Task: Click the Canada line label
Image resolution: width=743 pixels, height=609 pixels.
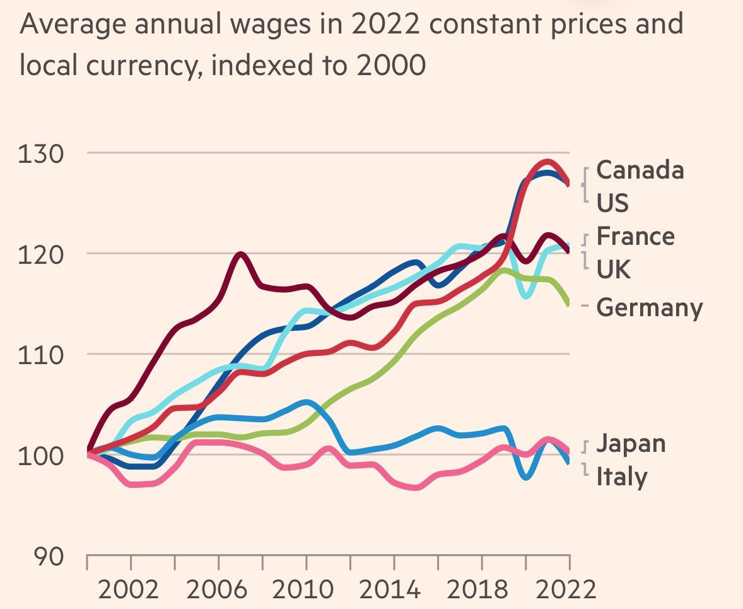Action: click(640, 170)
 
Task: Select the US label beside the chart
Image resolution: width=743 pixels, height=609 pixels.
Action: click(612, 203)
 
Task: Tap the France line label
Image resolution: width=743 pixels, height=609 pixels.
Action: click(635, 237)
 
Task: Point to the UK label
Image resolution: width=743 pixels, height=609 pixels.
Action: click(613, 269)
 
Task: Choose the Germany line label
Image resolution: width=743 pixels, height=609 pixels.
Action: click(649, 308)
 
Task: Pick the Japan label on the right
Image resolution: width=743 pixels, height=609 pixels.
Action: click(631, 443)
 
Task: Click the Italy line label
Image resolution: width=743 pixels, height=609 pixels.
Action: click(621, 476)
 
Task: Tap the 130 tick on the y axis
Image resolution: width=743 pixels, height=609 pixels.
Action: click(42, 153)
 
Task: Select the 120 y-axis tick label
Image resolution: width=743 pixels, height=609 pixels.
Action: click(42, 254)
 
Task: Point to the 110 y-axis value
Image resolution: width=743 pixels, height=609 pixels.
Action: click(42, 355)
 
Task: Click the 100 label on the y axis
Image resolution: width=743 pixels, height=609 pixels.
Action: click(42, 456)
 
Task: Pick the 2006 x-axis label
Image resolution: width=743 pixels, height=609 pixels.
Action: click(218, 590)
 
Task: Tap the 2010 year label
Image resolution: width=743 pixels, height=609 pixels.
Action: click(307, 590)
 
